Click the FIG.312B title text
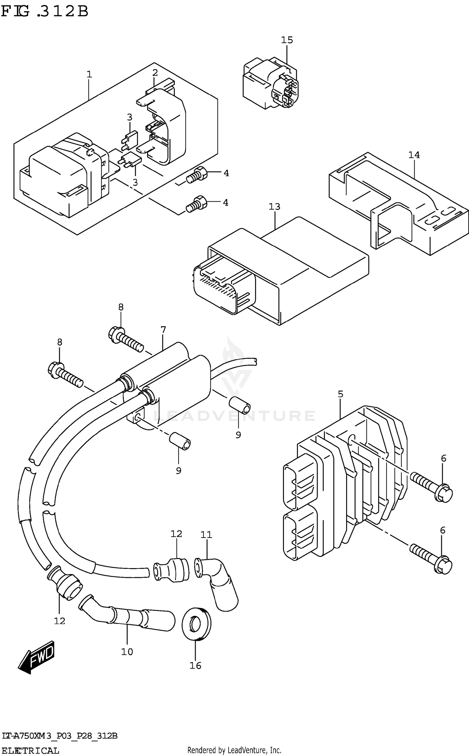tap(45, 12)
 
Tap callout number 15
tap(287, 40)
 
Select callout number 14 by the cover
tap(414, 155)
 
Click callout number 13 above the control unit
tap(274, 207)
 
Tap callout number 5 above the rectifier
tap(340, 394)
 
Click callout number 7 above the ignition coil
tap(163, 330)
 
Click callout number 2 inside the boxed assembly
tap(155, 73)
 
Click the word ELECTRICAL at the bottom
tap(30, 751)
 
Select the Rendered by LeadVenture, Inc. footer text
tap(234, 750)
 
